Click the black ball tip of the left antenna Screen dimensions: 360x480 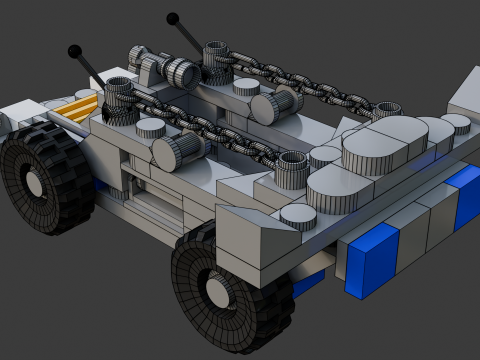click(74, 51)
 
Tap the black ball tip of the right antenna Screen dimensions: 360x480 click(173, 18)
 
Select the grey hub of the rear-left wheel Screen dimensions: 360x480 click(33, 184)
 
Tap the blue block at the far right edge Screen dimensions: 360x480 click(464, 195)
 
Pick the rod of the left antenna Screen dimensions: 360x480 click(92, 70)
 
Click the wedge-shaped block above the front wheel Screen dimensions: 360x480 click(250, 230)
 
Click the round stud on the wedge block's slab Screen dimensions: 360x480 click(297, 213)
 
